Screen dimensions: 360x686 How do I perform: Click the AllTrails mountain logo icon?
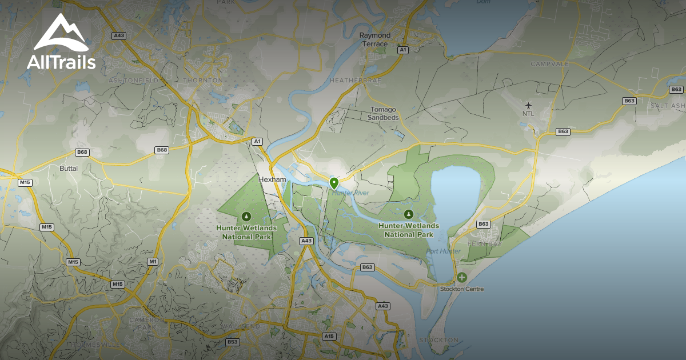61,34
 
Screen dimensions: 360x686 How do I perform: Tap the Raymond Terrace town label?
375,39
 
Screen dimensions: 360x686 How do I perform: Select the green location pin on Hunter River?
334,183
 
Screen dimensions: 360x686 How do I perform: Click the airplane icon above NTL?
528,105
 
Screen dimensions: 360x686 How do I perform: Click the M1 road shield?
153,261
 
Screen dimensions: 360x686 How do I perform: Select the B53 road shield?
232,342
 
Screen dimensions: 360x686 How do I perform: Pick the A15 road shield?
329,336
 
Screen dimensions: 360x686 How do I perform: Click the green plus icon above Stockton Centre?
461,278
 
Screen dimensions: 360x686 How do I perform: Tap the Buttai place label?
69,169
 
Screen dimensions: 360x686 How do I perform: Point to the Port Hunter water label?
443,251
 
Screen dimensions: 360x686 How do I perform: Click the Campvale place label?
549,64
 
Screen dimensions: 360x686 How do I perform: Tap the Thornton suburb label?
204,81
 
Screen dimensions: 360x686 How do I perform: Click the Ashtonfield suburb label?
133,81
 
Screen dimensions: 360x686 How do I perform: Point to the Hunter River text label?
351,193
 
